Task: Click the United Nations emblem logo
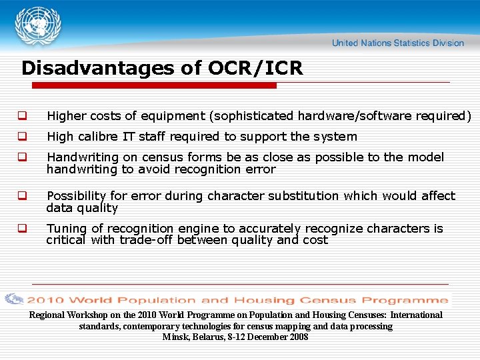click(x=39, y=27)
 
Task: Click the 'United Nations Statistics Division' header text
click(x=397, y=43)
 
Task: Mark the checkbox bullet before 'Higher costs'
click(x=22, y=116)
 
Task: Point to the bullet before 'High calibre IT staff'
click(x=22, y=137)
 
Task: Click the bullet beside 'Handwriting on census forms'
click(x=22, y=158)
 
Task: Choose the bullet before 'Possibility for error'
click(x=22, y=197)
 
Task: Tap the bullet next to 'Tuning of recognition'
click(x=22, y=229)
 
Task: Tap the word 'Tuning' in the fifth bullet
click(x=67, y=229)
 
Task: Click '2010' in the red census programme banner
click(x=46, y=300)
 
